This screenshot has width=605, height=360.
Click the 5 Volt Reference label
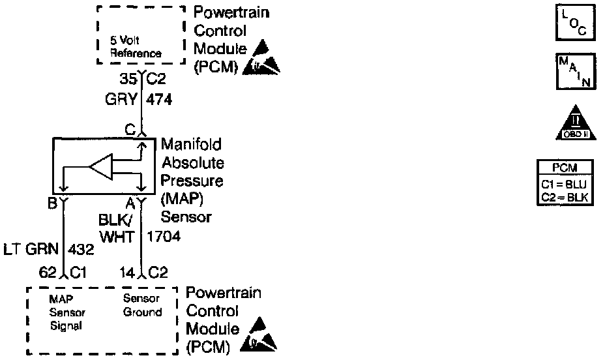coord(135,48)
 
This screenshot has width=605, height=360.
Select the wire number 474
coord(159,100)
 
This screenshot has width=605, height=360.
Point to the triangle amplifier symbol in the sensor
coord(102,168)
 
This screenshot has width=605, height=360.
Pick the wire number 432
coord(81,248)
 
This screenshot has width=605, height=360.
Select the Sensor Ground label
coord(143,305)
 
